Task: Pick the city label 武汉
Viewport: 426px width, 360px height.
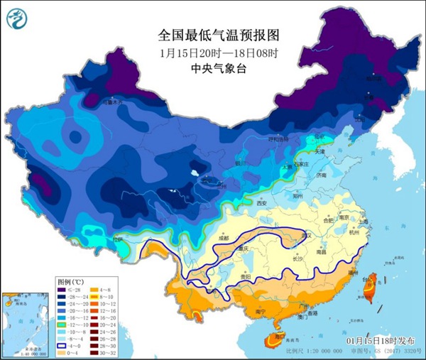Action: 307,235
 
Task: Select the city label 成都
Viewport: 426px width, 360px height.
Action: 225,239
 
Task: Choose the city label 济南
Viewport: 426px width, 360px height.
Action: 322,175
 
